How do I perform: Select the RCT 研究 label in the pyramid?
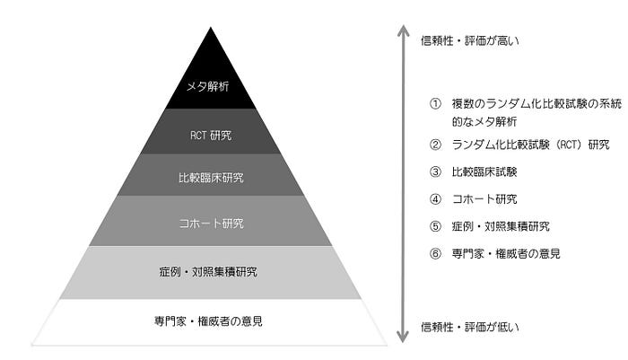tap(211, 136)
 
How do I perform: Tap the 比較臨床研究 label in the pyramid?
tap(211, 178)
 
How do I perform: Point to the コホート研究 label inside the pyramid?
tap(211, 223)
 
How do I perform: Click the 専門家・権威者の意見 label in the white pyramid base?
tap(210, 320)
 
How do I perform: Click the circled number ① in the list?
tap(435, 104)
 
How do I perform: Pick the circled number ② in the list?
tap(435, 145)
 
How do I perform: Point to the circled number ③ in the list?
tap(435, 171)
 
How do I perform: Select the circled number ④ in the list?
tap(435, 198)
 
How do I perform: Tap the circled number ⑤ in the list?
tap(435, 226)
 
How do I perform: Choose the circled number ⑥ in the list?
tap(435, 253)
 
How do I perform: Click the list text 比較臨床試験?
tap(485, 171)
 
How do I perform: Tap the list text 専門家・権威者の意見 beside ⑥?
tap(507, 253)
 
